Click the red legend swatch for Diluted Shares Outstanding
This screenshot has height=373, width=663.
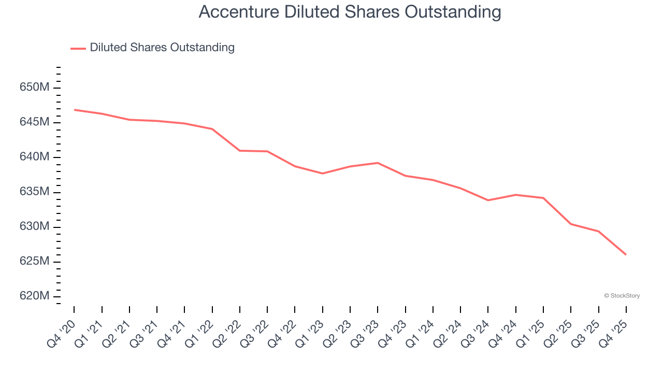click(78, 48)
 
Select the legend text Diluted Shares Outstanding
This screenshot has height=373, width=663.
click(162, 48)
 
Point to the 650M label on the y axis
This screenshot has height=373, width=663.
click(35, 88)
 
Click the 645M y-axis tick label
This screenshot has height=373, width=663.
click(35, 122)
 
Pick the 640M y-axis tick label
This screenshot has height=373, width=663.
click(35, 157)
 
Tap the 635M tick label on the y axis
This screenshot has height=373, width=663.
click(35, 192)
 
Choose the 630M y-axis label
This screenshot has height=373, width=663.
click(35, 227)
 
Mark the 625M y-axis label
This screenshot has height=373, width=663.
click(35, 262)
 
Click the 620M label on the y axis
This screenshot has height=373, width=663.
click(35, 296)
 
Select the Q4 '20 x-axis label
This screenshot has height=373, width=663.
click(62, 332)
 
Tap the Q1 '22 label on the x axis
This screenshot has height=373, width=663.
click(200, 332)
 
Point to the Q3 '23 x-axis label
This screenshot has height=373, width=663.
click(366, 332)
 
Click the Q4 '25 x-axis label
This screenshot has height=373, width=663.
click(614, 332)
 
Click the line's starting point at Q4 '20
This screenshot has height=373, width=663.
click(75, 110)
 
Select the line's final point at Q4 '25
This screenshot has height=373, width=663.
click(626, 255)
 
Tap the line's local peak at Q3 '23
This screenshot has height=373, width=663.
click(378, 163)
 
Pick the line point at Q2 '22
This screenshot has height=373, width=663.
click(240, 151)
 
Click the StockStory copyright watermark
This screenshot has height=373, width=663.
click(622, 296)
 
